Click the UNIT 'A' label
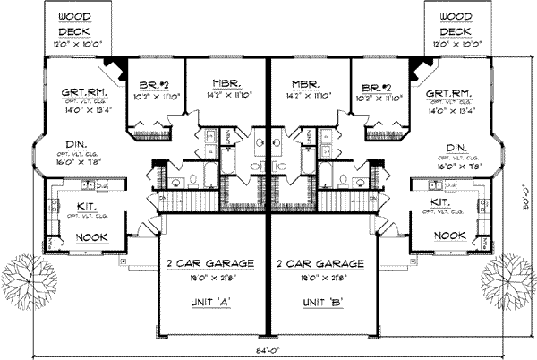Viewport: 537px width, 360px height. pos(211,301)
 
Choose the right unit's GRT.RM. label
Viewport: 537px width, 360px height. pos(451,92)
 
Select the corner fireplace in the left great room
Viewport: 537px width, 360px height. pos(115,65)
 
